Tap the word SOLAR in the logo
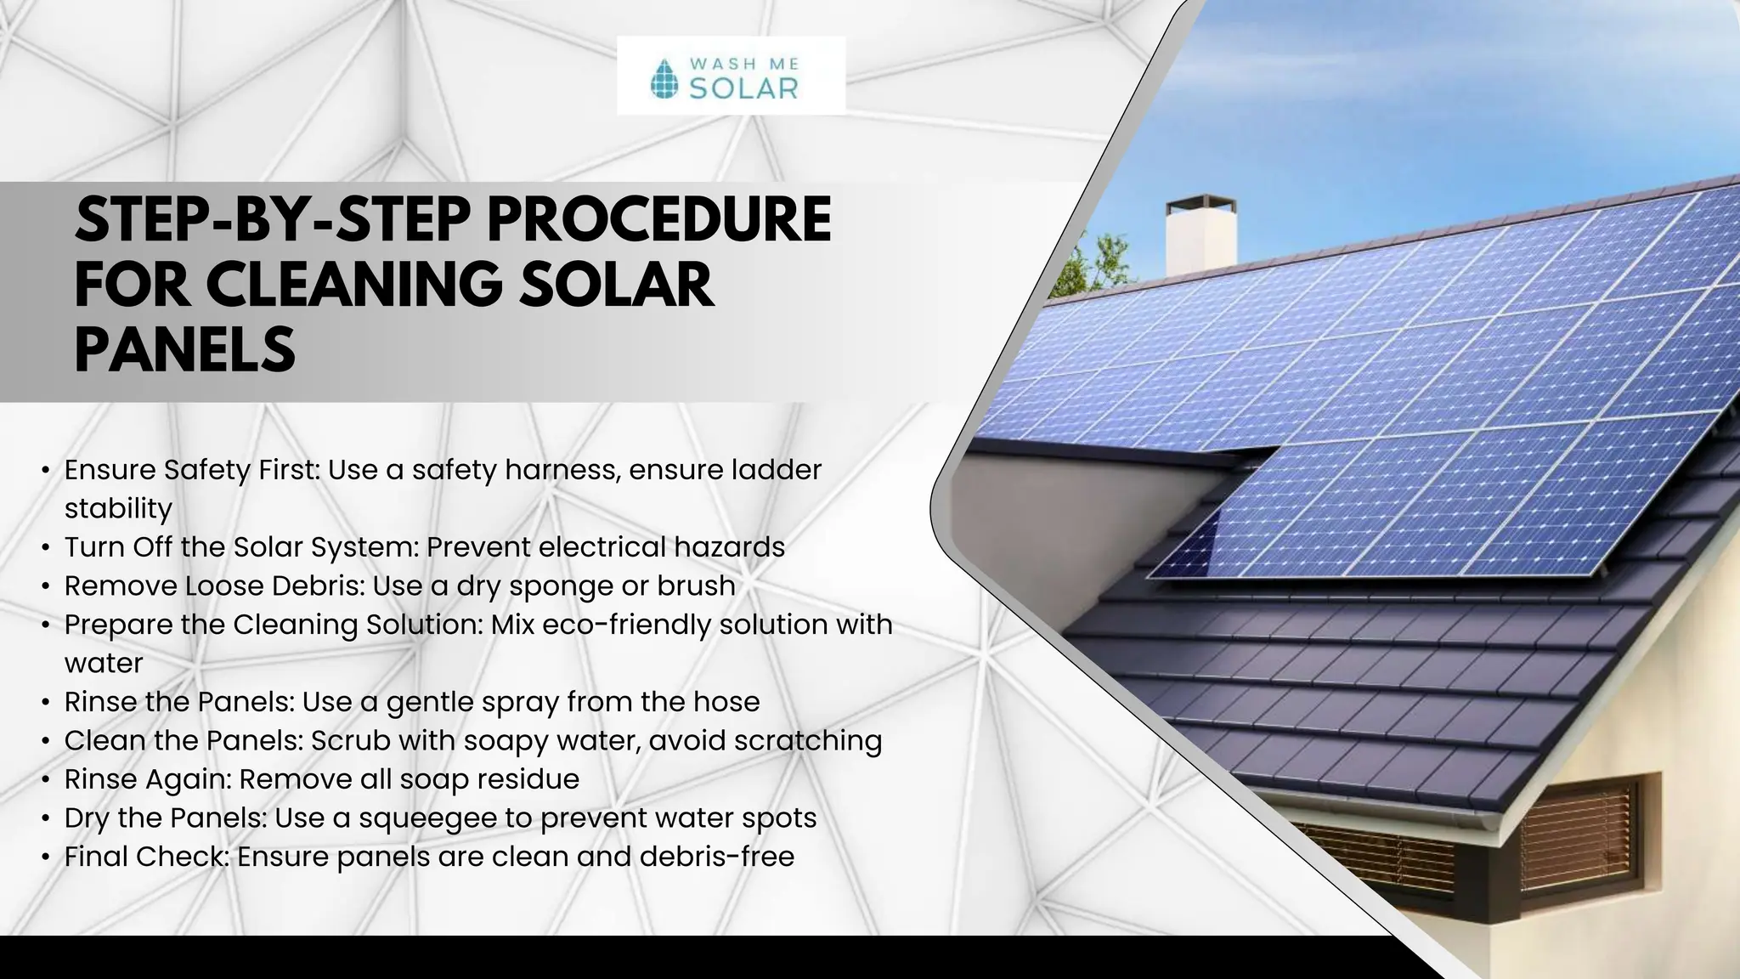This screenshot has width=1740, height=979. point(743,88)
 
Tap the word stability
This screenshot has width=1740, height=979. point(118,508)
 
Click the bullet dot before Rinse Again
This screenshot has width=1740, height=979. point(45,780)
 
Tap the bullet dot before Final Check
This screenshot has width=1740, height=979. point(45,857)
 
